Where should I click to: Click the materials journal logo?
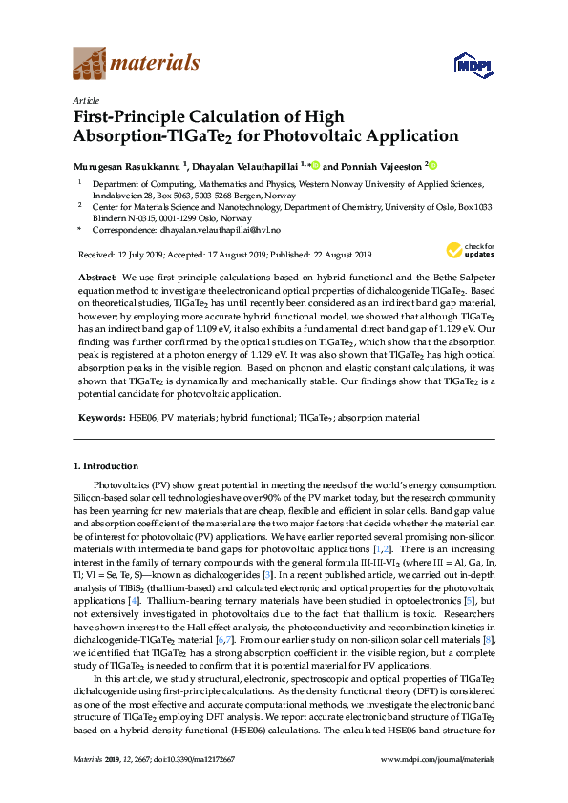(137, 64)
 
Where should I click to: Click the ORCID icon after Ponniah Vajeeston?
(431, 165)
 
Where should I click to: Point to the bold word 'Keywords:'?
(101, 418)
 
